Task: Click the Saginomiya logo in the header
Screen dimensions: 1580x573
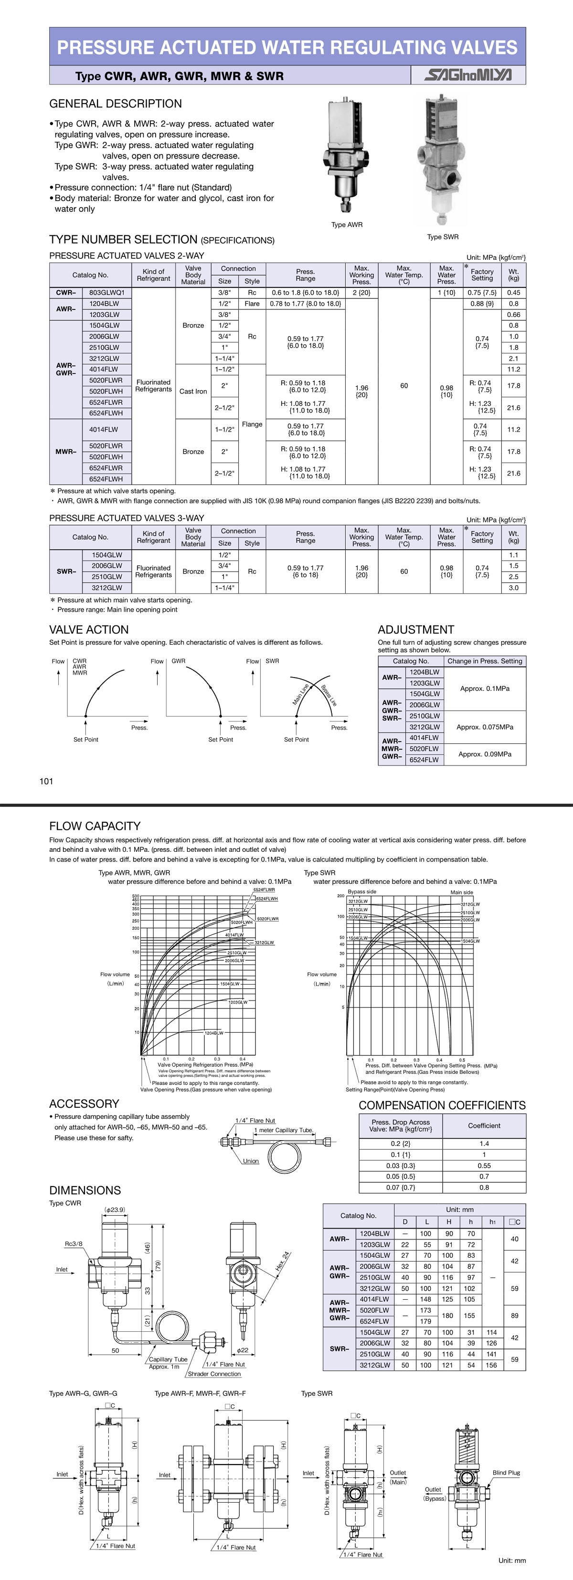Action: click(468, 75)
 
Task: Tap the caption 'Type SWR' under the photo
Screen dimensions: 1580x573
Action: click(442, 237)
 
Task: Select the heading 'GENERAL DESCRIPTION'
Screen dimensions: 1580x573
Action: click(116, 104)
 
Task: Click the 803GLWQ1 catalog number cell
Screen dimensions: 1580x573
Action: click(107, 293)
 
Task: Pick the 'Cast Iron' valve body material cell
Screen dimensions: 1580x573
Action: click(193, 392)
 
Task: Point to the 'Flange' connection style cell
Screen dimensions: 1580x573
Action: click(252, 424)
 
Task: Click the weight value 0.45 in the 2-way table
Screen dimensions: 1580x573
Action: click(513, 293)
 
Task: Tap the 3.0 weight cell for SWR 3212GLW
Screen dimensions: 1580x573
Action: click(513, 588)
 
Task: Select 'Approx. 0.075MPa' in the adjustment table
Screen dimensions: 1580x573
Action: click(485, 727)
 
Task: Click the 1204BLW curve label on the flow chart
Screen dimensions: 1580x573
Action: click(214, 1033)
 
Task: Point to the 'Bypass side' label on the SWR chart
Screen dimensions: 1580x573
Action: click(362, 891)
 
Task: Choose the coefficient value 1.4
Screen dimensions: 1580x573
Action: click(484, 1143)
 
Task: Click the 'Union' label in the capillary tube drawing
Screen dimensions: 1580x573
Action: click(251, 1160)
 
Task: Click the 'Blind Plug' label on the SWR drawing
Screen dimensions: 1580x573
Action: click(506, 1472)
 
